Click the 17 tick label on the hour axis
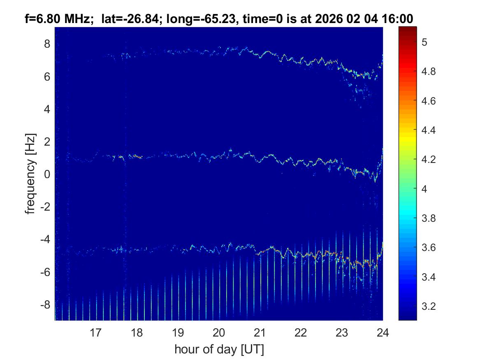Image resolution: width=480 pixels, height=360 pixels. coord(95,332)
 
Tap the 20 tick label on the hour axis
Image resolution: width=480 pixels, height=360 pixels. coord(219,332)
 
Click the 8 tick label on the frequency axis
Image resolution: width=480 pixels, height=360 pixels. coord(46,44)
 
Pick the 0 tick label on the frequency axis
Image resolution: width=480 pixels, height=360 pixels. coord(46,174)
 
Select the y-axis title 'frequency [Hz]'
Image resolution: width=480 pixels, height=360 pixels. coord(30,174)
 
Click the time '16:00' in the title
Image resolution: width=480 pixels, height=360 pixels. coord(398,19)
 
